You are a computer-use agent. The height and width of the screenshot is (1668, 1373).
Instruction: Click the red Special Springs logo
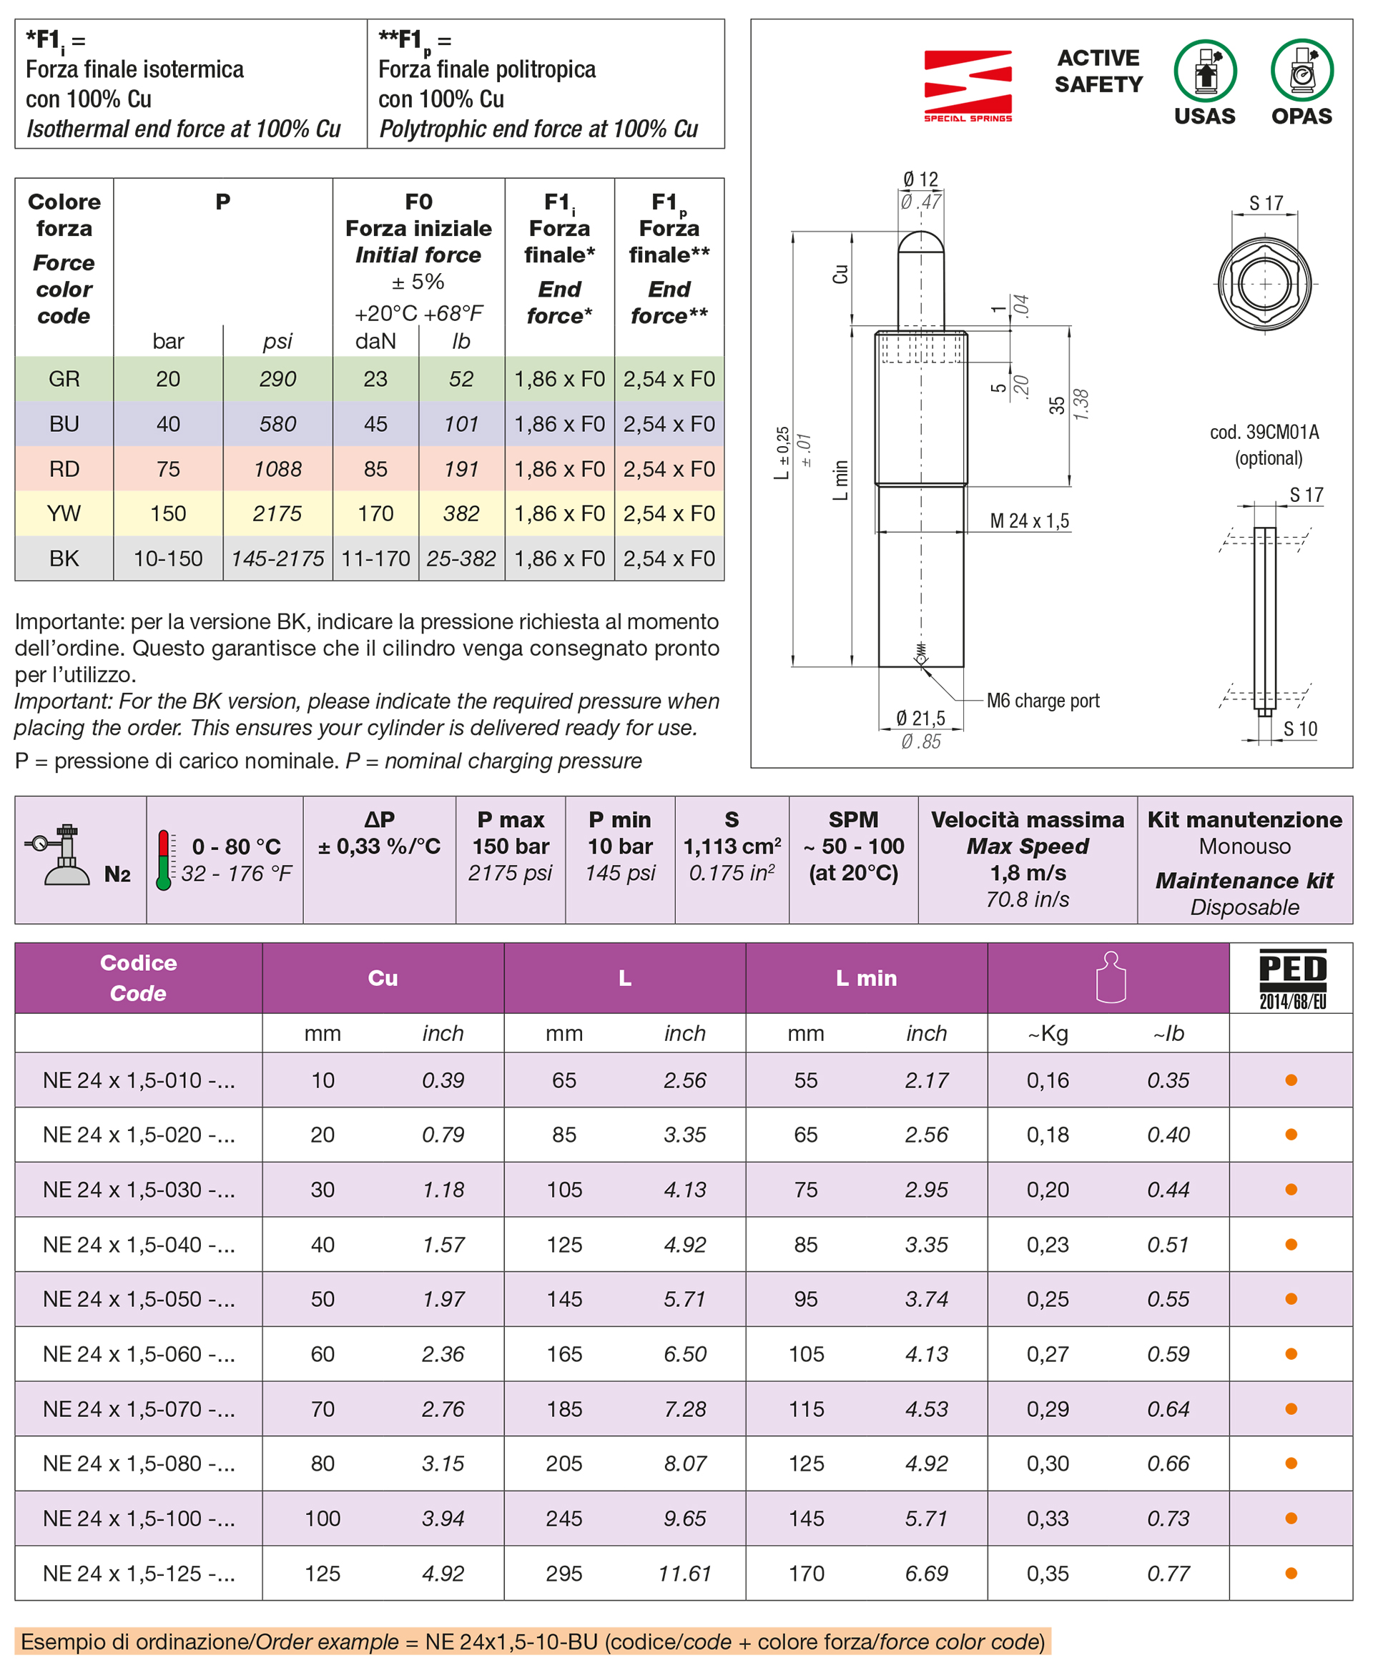tap(968, 85)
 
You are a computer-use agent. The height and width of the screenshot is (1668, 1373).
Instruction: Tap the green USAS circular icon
tap(1204, 71)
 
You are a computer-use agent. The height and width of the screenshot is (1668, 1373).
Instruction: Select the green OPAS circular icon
tap(1301, 71)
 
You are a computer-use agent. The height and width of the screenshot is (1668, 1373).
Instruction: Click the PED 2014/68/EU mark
tap(1292, 979)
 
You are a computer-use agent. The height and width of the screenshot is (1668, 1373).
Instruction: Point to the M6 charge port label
tap(1043, 701)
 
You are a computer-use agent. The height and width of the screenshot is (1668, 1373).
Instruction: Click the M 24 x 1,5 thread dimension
tap(1029, 521)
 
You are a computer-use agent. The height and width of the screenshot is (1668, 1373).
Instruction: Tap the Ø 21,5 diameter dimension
tap(920, 718)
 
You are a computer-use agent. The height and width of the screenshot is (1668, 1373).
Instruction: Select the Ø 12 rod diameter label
tap(920, 179)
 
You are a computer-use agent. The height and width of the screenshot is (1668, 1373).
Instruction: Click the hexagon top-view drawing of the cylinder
tap(1264, 283)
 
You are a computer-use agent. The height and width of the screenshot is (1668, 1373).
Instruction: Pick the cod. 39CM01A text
tap(1264, 433)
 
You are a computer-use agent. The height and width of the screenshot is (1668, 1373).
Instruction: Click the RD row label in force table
tap(64, 469)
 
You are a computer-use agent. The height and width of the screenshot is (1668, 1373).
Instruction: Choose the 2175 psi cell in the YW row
tap(277, 514)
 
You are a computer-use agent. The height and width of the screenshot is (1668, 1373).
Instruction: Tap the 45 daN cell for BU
tap(375, 424)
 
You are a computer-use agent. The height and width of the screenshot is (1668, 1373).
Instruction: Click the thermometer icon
tap(164, 860)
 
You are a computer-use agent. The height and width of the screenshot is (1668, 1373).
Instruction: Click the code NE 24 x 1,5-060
tap(139, 1354)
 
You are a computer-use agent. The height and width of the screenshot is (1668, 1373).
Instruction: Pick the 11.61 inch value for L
tap(684, 1573)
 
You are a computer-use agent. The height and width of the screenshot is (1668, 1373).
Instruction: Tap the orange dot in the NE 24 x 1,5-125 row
tap(1291, 1573)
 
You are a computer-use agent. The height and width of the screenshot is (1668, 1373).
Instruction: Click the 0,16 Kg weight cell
tap(1047, 1080)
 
